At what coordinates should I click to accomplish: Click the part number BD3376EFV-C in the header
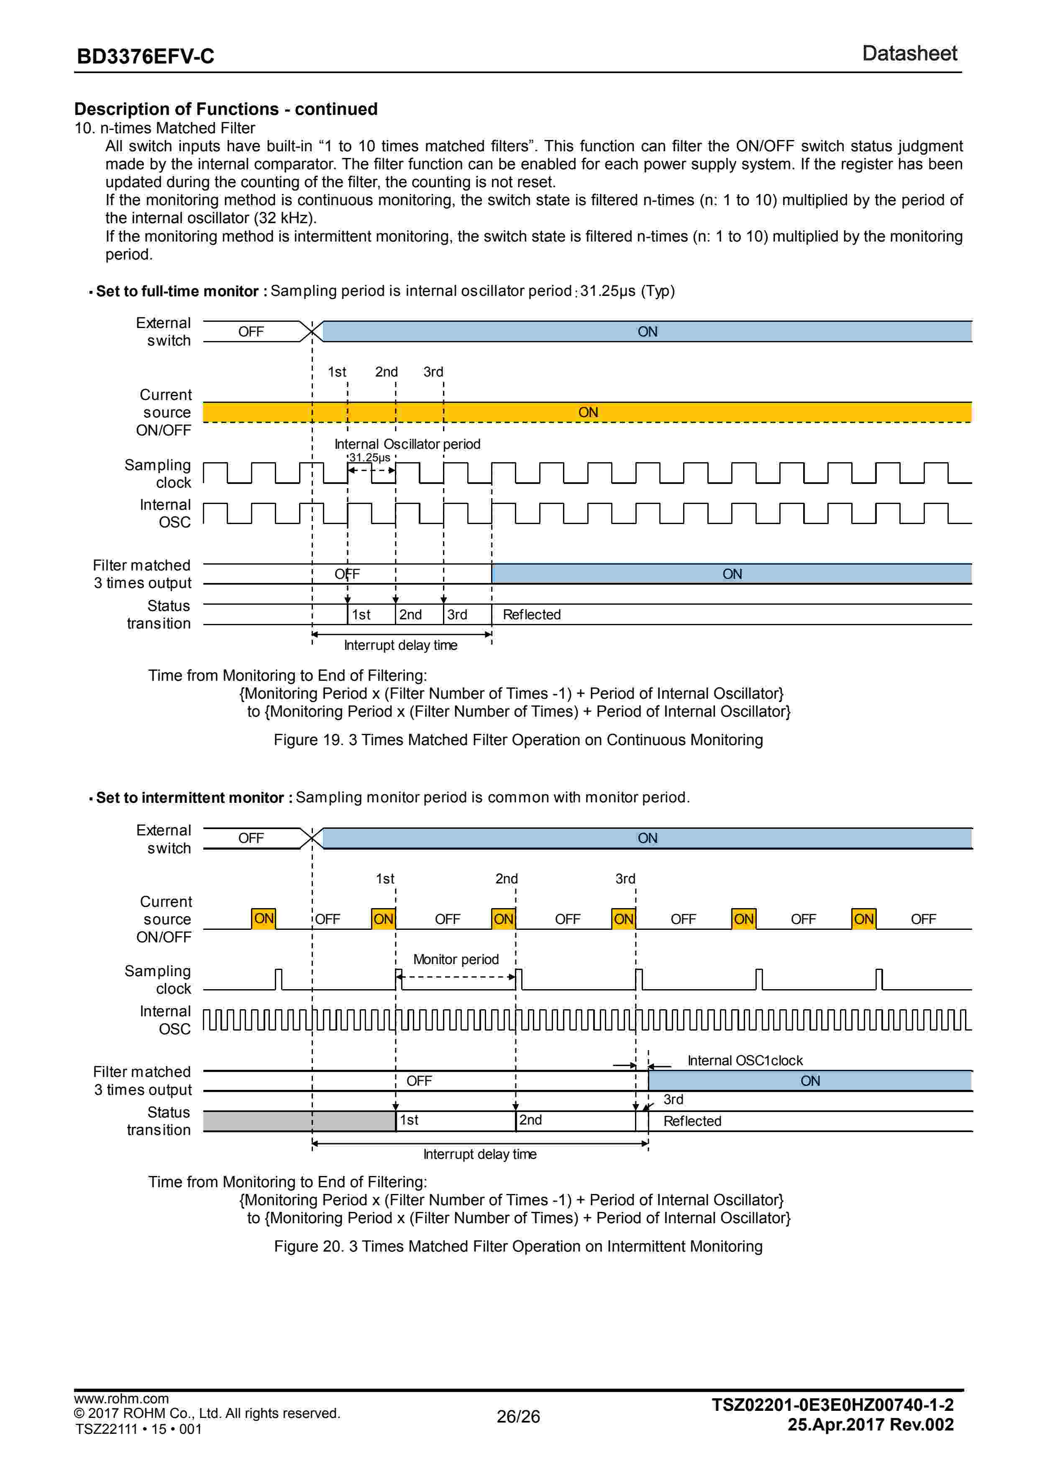145,57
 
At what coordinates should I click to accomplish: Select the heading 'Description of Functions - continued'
225,109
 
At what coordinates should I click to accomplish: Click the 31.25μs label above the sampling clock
369,458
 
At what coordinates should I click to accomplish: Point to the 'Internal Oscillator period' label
407,444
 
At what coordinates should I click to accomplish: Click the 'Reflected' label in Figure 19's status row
532,614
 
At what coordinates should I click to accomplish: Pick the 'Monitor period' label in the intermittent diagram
456,959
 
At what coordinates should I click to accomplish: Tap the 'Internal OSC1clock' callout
744,1061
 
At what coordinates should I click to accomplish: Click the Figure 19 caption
518,740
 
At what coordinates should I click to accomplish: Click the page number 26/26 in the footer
518,1417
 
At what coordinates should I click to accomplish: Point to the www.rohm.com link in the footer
121,1399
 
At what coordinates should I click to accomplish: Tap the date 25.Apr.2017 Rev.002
870,1425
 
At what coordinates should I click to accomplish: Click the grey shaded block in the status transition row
299,1121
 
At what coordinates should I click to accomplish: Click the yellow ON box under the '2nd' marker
503,919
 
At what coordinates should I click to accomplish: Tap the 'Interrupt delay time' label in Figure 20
480,1154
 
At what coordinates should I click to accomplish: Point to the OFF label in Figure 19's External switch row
251,332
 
